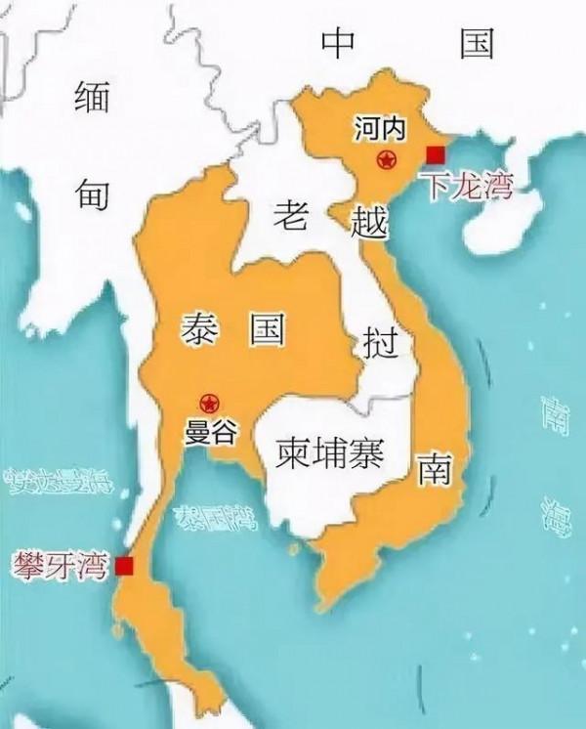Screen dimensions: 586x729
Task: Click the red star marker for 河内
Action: [x=388, y=159]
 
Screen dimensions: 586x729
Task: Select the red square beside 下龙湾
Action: [x=436, y=152]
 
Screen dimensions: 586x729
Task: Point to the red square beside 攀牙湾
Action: [x=124, y=566]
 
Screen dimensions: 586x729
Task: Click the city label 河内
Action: [x=380, y=129]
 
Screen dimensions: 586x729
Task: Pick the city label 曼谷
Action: [x=210, y=431]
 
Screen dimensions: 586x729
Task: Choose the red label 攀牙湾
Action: [x=61, y=565]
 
